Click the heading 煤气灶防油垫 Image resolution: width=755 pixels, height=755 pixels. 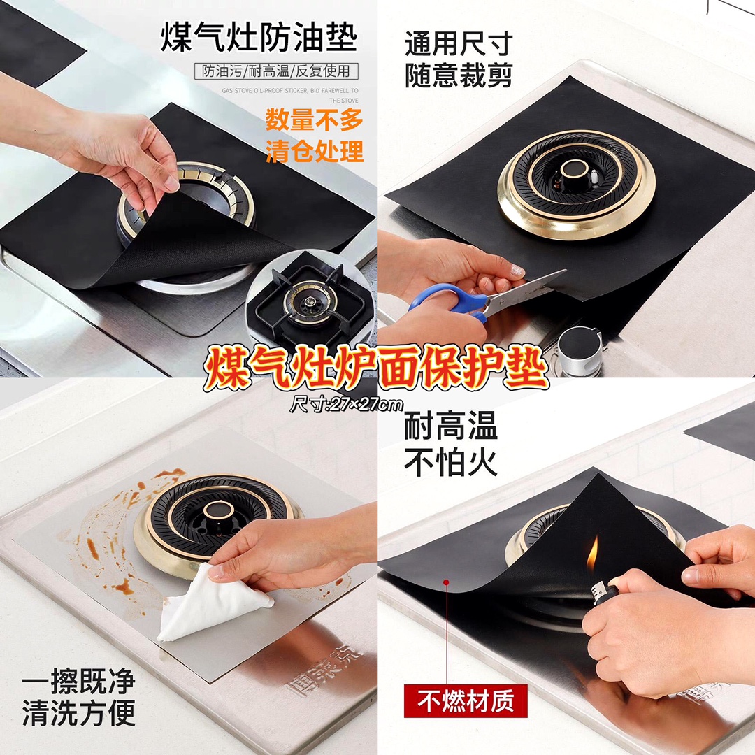coord(259,37)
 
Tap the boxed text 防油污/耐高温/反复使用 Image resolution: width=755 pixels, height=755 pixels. coord(276,71)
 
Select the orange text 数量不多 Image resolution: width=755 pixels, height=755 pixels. coord(314,120)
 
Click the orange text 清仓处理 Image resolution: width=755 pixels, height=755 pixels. coord(314,151)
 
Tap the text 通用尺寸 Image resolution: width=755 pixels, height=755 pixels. coord(459,44)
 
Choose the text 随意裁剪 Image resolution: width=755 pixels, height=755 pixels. coord(459,75)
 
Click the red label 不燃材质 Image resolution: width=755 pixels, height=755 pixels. coord(465,701)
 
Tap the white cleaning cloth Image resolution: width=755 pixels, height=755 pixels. coord(212,603)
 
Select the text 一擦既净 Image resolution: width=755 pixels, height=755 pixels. coord(79,682)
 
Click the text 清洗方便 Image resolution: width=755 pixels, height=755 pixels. coord(79,713)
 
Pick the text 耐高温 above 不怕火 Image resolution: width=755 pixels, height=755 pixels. coord(450,426)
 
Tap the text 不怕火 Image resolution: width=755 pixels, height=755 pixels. coord(450,463)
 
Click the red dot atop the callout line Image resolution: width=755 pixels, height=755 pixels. coord(446,582)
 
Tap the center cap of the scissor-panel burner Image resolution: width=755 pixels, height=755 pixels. coord(574,168)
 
